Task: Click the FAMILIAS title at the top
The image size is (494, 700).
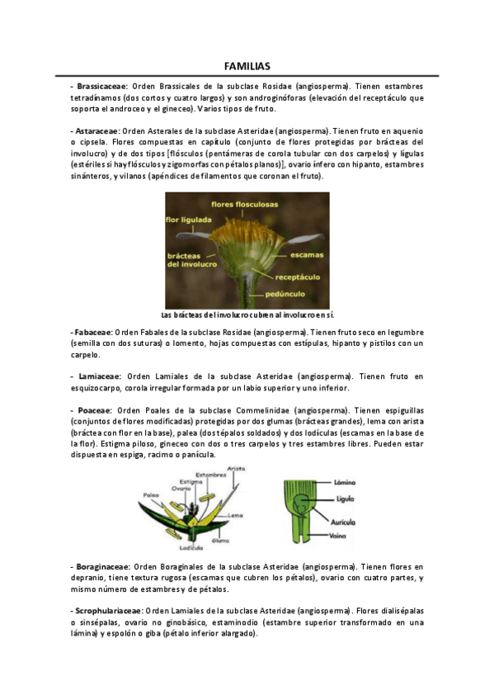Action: (247, 66)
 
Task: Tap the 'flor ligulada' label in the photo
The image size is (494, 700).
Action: (189, 220)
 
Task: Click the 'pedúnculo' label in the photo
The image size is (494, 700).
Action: (289, 294)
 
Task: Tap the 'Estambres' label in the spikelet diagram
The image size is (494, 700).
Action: (212, 475)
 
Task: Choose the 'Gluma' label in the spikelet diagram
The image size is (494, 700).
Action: (222, 540)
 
